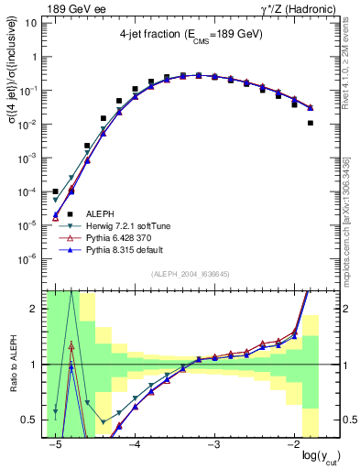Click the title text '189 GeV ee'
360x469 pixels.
pos(71,8)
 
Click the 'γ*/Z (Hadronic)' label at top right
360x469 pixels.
pos(290,8)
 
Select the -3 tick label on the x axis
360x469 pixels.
pos(213,445)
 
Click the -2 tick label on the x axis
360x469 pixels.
pos(293,445)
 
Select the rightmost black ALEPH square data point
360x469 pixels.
pos(311,123)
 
